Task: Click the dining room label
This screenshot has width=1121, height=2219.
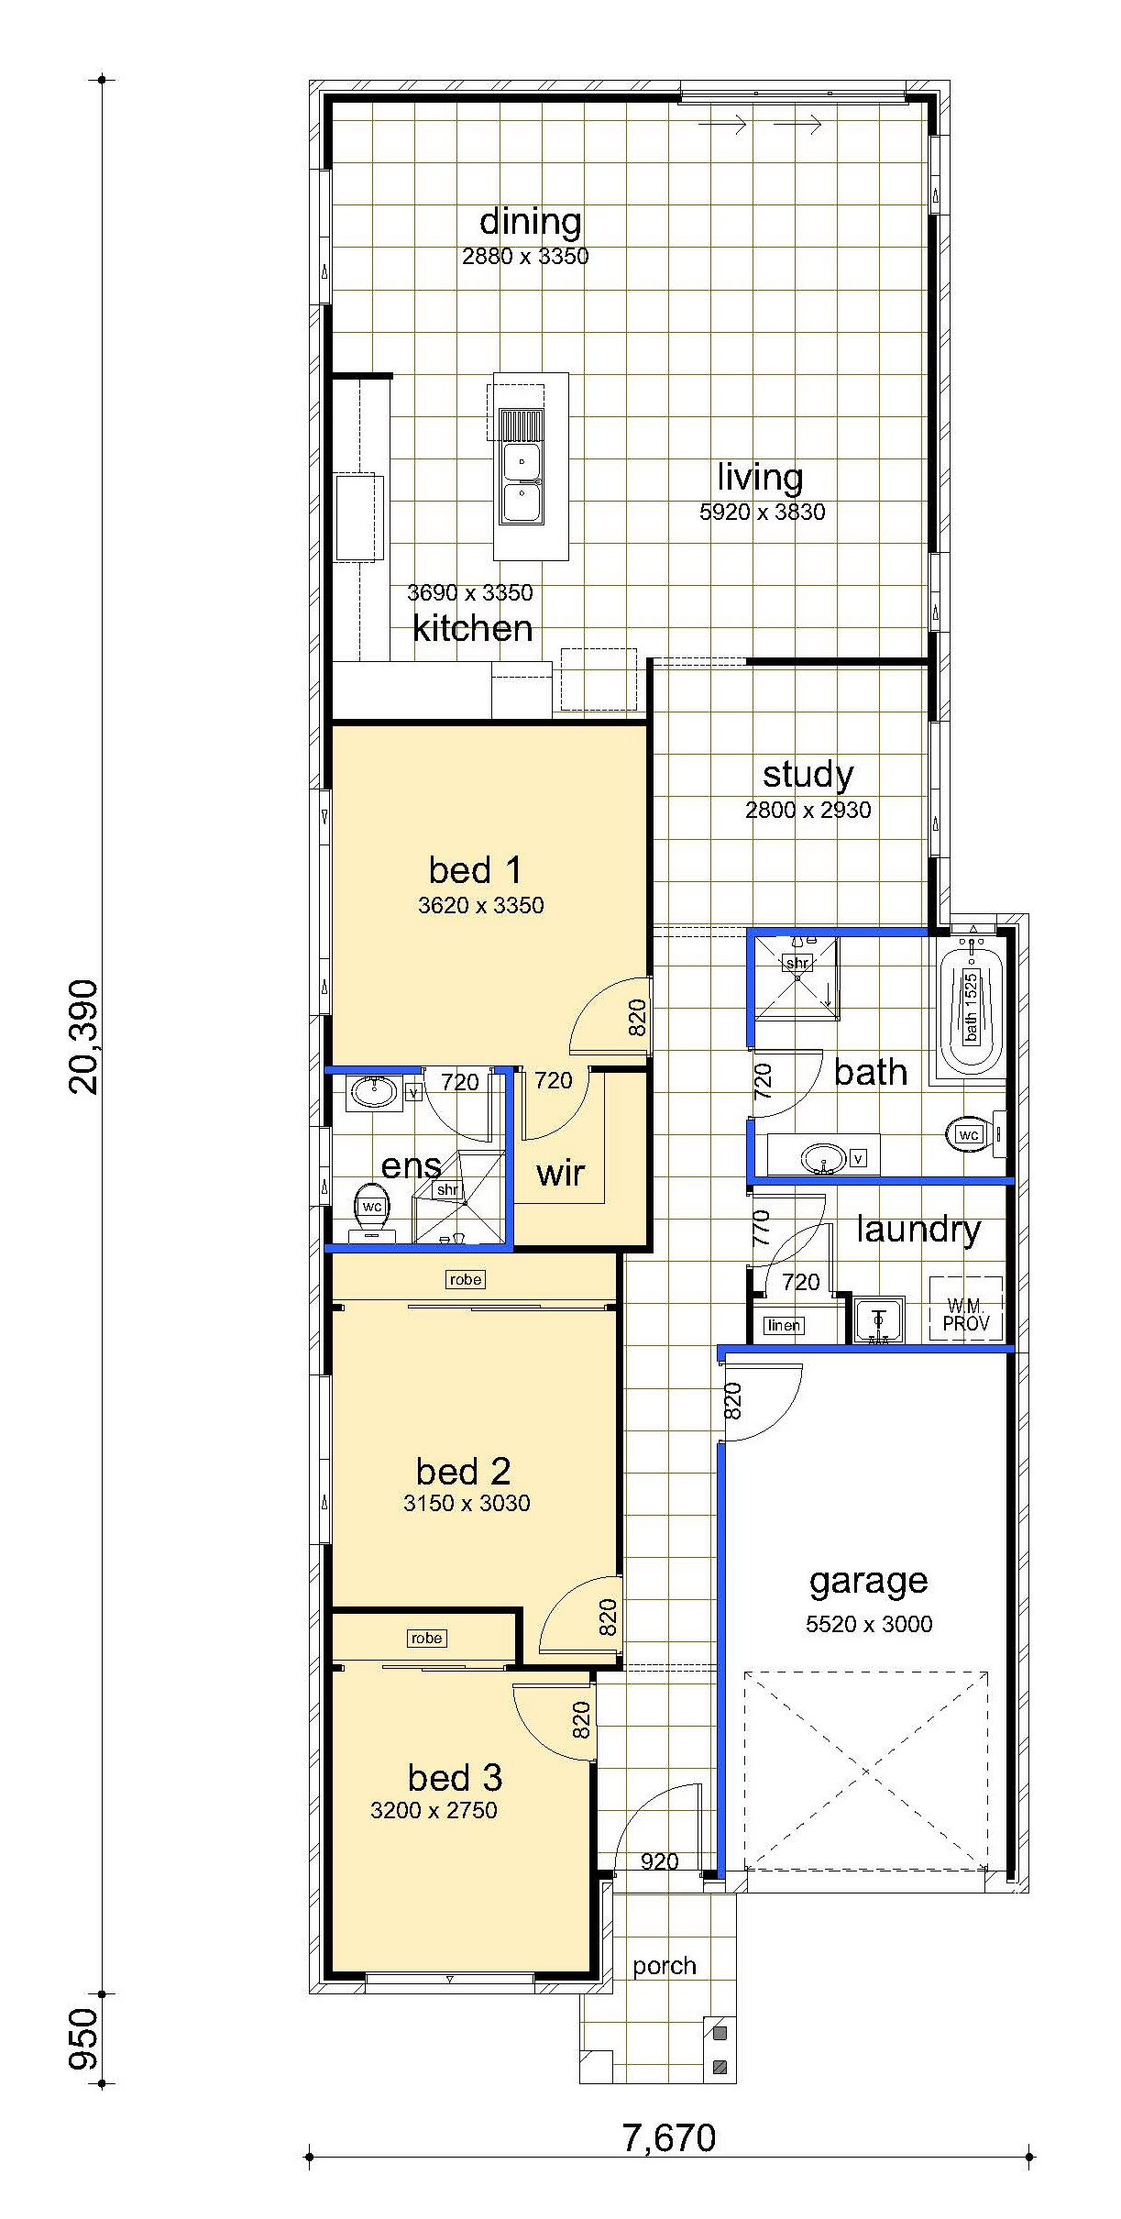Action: click(x=530, y=222)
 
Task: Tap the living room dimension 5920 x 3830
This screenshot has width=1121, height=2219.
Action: click(x=762, y=512)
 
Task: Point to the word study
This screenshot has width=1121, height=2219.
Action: click(x=808, y=775)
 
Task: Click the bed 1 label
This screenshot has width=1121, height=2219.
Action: click(x=475, y=869)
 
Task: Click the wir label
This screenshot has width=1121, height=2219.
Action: click(x=560, y=1173)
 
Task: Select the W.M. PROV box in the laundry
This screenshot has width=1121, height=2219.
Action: click(x=966, y=1308)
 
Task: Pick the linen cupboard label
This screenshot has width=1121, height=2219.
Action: click(x=783, y=1325)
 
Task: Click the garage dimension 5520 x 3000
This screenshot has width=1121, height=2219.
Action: click(x=869, y=1624)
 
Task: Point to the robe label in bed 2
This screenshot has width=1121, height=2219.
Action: click(x=466, y=1279)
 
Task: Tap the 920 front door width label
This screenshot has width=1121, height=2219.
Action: click(x=659, y=1861)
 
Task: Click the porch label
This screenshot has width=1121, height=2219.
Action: click(x=665, y=1967)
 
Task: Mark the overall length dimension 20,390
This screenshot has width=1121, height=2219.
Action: click(x=83, y=1036)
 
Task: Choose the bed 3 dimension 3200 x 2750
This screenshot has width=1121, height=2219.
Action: click(x=434, y=1810)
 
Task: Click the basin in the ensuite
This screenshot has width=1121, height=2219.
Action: click(x=374, y=1092)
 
